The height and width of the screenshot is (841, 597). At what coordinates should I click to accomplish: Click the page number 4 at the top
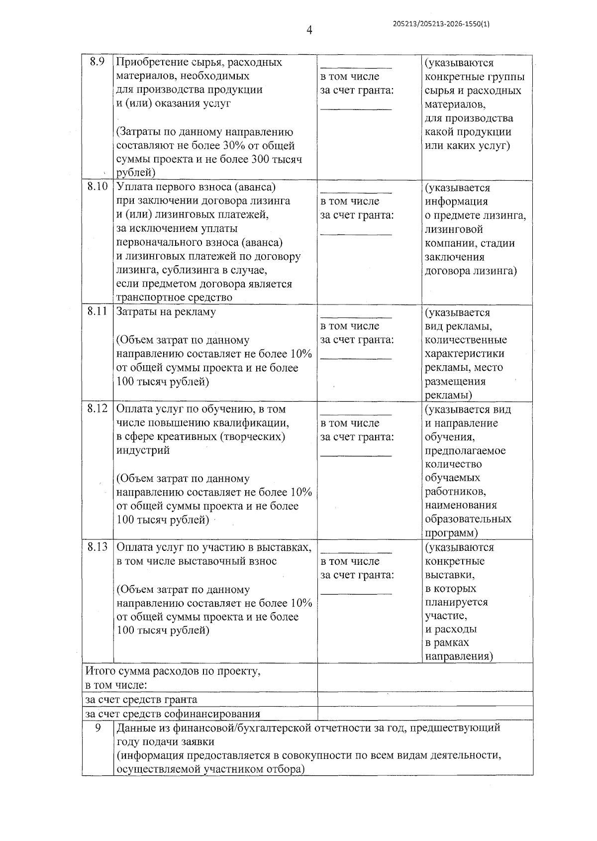309,31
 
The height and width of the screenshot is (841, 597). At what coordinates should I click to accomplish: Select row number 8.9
97,62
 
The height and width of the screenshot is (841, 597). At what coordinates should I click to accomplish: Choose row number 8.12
97,409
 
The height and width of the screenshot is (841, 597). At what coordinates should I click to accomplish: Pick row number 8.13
97,547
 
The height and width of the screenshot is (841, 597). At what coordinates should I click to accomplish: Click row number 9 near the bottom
98,728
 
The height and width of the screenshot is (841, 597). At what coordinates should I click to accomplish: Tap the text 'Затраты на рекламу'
166,312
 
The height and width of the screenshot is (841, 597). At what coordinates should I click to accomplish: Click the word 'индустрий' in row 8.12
143,450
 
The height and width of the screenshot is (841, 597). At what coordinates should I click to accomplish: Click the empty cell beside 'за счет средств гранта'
424,699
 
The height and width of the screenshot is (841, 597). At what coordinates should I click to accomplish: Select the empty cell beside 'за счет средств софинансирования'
424,713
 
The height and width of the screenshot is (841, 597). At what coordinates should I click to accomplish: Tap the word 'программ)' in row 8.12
451,533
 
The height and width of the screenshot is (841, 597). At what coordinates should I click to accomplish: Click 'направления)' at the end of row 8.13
459,656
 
